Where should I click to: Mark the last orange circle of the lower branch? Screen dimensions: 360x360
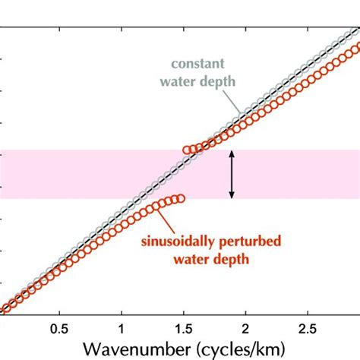pyautogui.click(x=181, y=198)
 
